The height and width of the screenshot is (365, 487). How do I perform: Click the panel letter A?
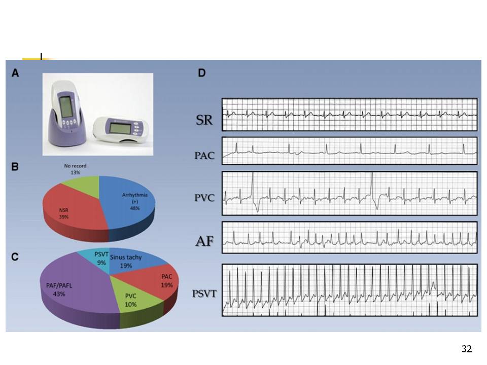pyautogui.click(x=15, y=73)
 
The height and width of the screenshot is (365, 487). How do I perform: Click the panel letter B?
pyautogui.click(x=15, y=166)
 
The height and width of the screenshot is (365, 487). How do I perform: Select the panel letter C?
pyautogui.click(x=15, y=257)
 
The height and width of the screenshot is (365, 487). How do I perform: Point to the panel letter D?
pyautogui.click(x=202, y=73)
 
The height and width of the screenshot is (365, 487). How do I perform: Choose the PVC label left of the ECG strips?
pyautogui.click(x=204, y=198)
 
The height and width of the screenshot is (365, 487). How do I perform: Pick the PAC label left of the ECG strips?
pyautogui.click(x=204, y=156)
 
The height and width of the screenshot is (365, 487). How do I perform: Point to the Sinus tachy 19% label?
pyautogui.click(x=127, y=261)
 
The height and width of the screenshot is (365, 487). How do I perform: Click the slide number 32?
pyautogui.click(x=467, y=349)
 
